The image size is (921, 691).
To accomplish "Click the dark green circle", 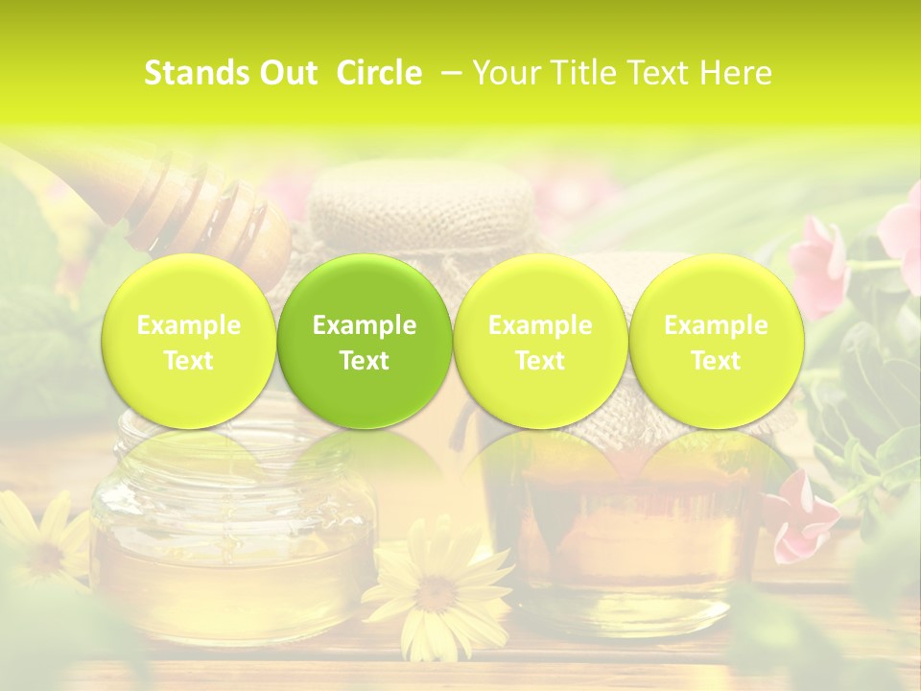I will point(365,342).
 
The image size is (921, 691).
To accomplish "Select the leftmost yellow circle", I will point(189,342).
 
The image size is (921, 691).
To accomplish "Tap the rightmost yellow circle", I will point(716,342).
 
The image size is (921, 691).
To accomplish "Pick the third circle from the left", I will point(540,342).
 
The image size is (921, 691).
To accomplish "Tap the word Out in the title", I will point(284,74).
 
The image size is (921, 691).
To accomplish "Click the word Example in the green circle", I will point(365,325).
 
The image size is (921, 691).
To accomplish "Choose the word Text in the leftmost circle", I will point(189,361).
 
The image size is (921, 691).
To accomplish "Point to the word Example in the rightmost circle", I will point(716,325).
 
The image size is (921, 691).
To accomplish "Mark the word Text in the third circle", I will point(540,361).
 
